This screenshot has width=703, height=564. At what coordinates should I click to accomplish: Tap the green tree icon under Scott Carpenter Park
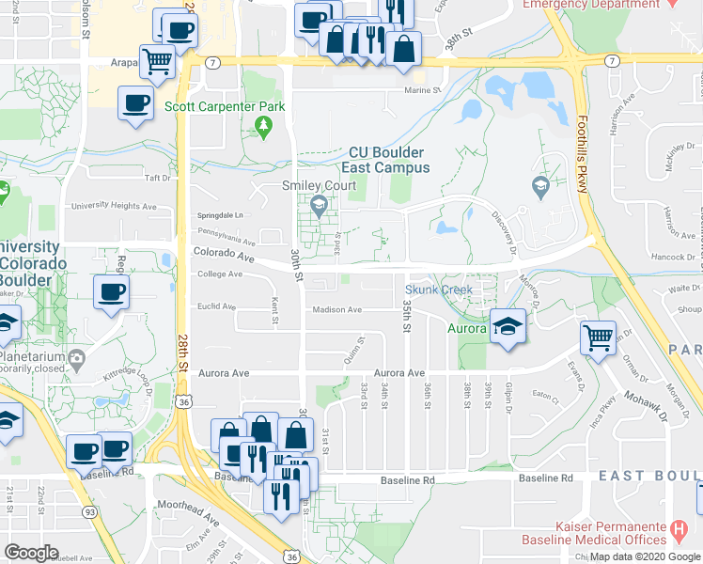[265, 125]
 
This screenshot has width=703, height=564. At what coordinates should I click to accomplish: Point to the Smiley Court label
[320, 185]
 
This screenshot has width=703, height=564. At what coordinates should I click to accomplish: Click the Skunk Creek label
[439, 290]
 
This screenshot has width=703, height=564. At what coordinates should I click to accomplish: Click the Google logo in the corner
[32, 553]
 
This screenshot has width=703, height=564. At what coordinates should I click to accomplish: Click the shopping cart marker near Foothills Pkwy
[598, 337]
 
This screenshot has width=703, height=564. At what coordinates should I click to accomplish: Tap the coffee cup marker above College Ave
[111, 291]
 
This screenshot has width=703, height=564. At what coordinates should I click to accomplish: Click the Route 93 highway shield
[87, 510]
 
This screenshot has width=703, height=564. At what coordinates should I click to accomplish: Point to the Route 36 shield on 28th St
[185, 401]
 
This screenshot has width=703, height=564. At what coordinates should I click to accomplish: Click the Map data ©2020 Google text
[645, 556]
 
